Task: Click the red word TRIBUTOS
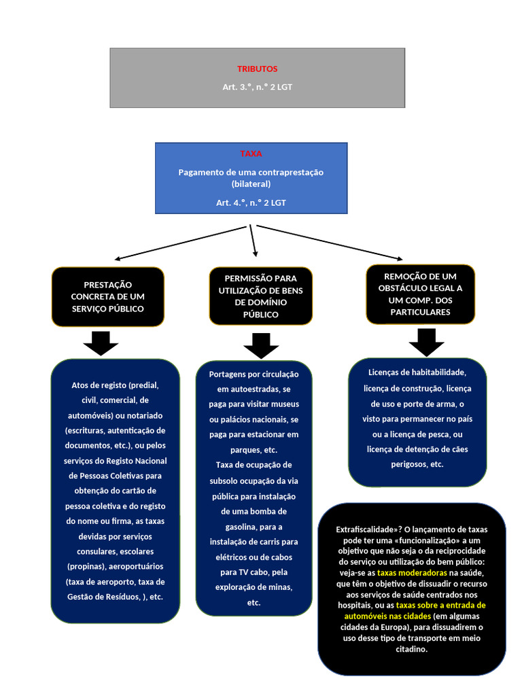pos(257,69)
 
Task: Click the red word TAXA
pos(251,154)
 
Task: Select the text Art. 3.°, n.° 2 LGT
pos(257,87)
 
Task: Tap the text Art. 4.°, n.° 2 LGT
pos(251,203)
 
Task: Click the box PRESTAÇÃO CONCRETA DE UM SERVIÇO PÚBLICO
pos(107,296)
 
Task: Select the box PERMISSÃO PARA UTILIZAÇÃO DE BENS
pos(261,296)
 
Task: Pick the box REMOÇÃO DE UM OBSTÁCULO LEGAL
pos(420,294)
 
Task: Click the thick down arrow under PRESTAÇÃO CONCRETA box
pos(101,343)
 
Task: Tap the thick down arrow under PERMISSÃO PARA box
pos(261,345)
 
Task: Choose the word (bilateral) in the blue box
pos(251,184)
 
